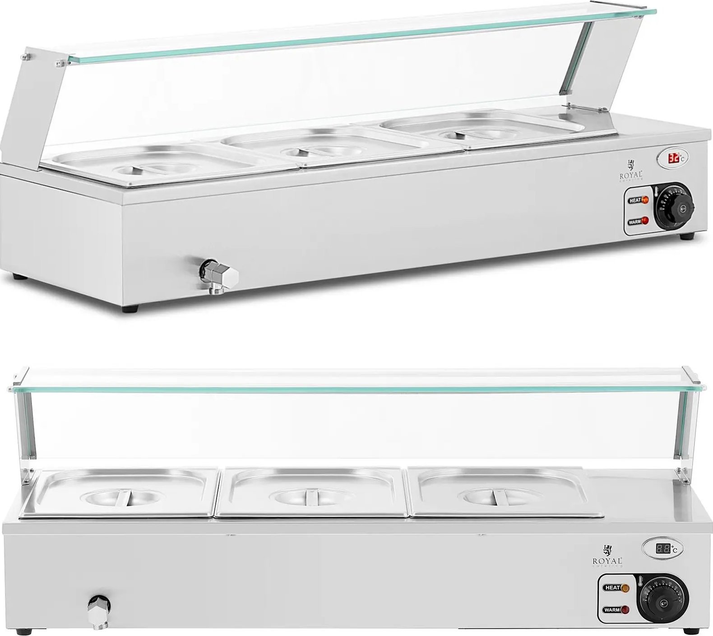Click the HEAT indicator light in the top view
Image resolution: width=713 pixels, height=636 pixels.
coord(645,200)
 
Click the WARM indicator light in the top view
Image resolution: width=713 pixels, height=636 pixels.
coord(645,221)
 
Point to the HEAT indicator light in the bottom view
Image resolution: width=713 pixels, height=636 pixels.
coord(625,588)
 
